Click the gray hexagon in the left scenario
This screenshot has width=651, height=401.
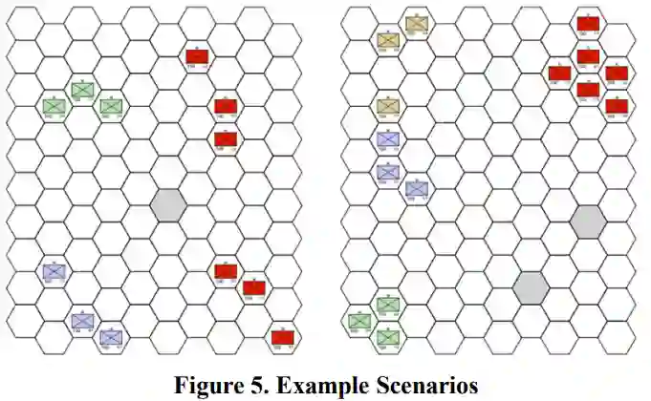[x=167, y=203]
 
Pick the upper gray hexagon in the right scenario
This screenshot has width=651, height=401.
[x=587, y=221]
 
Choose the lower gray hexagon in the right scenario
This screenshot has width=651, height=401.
[x=530, y=286]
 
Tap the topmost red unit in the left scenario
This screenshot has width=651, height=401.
[x=197, y=56]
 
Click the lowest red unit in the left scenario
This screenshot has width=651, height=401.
[x=282, y=337]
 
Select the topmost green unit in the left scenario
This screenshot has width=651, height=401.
[x=82, y=89]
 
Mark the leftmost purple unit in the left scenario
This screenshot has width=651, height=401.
[x=54, y=270]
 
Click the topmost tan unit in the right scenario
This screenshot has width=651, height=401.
[x=416, y=24]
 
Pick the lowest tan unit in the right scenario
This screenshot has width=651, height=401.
[x=387, y=106]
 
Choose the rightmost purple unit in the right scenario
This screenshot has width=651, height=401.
[x=416, y=188]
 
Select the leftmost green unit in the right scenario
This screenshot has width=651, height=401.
[x=359, y=321]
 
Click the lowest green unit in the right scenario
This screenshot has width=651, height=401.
[x=387, y=336]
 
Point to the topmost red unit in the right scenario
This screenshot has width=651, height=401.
[x=588, y=23]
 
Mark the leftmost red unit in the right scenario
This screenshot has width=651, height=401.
[x=560, y=73]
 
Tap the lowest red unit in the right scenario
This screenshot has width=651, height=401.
[x=617, y=105]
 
